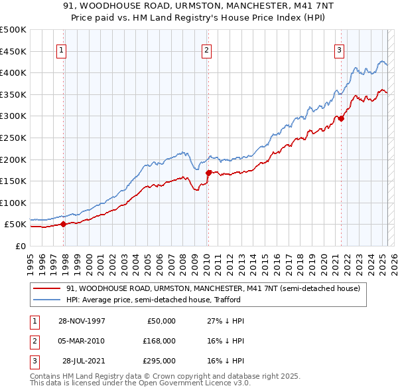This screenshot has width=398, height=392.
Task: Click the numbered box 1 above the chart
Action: coord(61,49)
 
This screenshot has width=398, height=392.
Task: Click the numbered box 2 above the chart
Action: coord(207,49)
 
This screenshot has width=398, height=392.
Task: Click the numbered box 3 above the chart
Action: coord(339,49)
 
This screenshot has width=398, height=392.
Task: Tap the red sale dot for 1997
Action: coord(64,224)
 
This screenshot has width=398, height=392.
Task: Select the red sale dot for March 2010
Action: coord(208,173)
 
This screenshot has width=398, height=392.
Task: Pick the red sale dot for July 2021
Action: coord(341,118)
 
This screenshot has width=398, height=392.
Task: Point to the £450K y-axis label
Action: coord(13,51)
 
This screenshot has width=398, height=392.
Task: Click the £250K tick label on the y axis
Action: coord(13,138)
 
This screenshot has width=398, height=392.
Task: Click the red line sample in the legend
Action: coord(46,289)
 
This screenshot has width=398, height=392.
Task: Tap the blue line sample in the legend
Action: coord(46,300)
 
